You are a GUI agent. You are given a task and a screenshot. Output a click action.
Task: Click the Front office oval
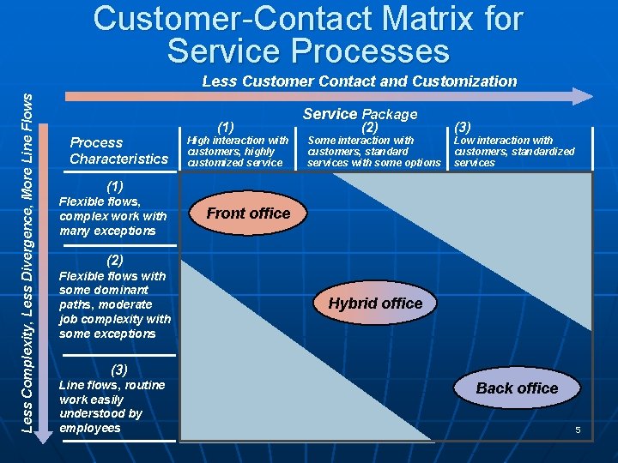click(x=249, y=213)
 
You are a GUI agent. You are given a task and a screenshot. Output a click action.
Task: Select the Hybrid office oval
click(x=375, y=304)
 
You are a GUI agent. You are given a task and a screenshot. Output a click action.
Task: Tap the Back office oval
click(x=517, y=388)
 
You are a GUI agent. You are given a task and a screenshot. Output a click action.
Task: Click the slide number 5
click(x=579, y=430)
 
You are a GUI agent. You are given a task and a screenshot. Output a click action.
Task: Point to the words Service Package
click(x=360, y=114)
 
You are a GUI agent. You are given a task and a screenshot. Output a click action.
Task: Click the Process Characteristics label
click(x=118, y=151)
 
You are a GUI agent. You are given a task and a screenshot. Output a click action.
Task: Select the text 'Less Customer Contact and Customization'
click(x=359, y=81)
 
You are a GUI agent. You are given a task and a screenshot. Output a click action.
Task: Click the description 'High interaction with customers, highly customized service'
click(x=238, y=152)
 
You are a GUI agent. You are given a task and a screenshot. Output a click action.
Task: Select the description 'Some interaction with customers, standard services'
click(x=373, y=152)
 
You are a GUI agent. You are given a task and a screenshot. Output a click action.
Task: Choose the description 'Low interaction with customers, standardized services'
click(x=514, y=152)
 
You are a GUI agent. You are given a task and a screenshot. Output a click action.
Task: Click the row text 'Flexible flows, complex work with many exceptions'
click(x=112, y=216)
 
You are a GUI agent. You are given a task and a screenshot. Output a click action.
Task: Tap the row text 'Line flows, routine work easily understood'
click(x=111, y=406)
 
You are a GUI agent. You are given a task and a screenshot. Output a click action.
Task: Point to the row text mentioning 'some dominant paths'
click(x=114, y=304)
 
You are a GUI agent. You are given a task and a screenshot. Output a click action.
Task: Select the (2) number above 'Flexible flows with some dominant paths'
click(x=115, y=259)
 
